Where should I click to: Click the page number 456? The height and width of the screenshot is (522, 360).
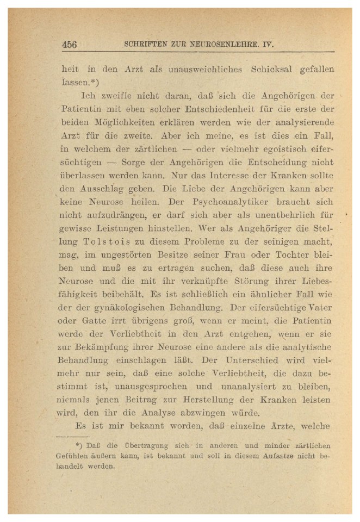click(x=71, y=45)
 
